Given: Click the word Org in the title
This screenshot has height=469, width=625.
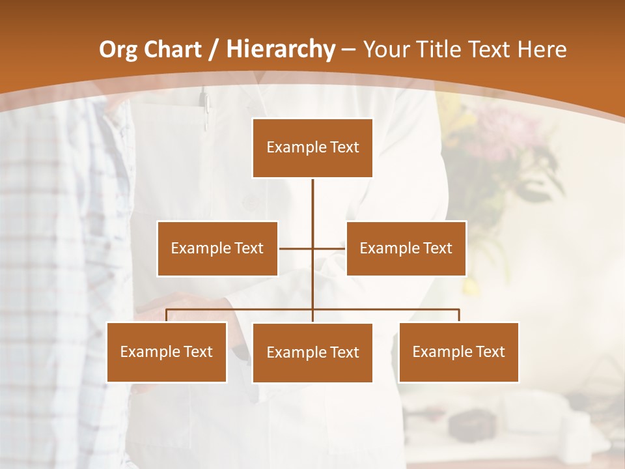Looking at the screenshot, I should click(118, 50).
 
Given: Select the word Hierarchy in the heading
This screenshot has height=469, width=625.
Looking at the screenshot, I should click(281, 50).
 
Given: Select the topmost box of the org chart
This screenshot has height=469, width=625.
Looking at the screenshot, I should click(312, 148).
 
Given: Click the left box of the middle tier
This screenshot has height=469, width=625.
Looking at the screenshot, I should click(217, 248).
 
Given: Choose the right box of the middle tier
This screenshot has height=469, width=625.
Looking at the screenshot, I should click(406, 248).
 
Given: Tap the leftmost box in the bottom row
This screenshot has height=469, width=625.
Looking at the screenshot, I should click(167, 352).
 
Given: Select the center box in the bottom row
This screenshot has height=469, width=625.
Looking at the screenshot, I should click(312, 352).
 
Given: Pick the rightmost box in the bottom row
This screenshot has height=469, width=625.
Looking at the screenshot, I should click(459, 352).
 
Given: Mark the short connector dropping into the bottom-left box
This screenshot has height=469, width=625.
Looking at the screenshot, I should click(167, 315).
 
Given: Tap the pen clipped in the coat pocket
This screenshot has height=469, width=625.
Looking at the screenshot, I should click(205, 107).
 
